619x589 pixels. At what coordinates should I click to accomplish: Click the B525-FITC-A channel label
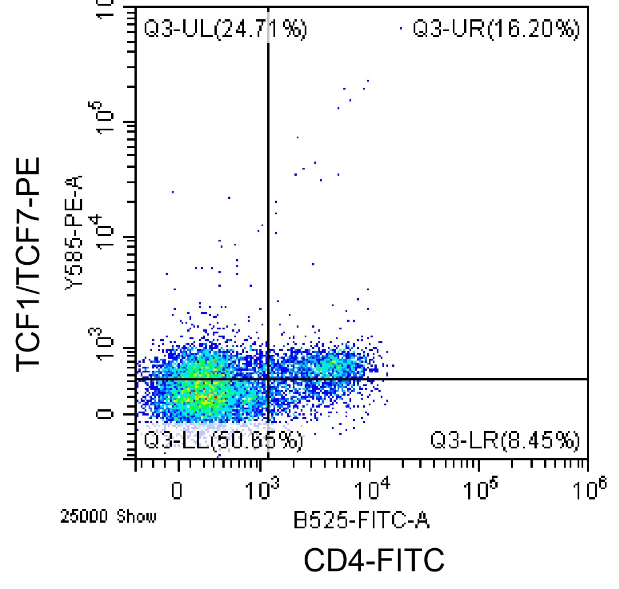pos(361,520)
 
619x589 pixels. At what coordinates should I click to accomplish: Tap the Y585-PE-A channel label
pos(75,232)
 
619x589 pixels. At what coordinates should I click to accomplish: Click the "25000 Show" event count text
pos(108,517)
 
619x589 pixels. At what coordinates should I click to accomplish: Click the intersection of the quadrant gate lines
pos(267,378)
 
